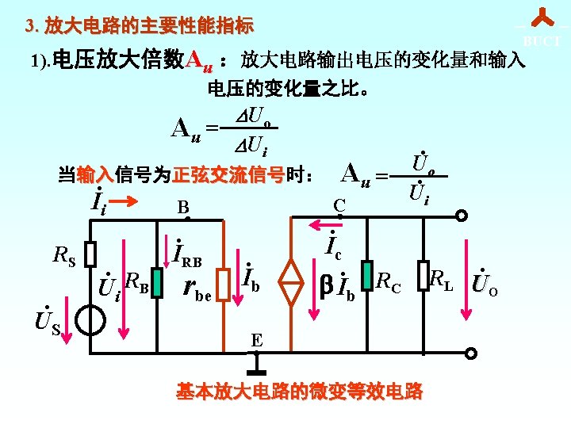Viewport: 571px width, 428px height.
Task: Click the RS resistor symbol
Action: pos(91,254)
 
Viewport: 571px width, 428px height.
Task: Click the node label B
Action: pos(182,208)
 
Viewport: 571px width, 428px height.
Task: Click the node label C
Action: pos(339,206)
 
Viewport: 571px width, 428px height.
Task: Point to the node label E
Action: pos(256,340)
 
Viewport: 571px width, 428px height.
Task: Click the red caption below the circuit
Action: pos(299,392)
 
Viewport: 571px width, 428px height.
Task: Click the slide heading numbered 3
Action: pos(139,26)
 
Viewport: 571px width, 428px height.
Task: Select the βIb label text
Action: pos(336,283)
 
